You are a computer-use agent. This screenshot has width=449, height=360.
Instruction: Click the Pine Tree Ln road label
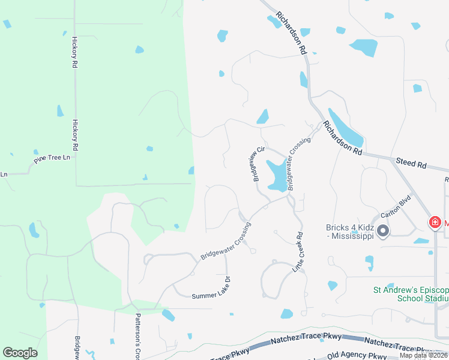(x=52, y=158)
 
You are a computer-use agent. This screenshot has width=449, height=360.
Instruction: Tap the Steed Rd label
(x=411, y=163)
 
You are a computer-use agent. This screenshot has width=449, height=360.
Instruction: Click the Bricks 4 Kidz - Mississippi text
(x=350, y=232)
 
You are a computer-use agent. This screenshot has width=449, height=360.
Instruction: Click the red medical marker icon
(x=435, y=223)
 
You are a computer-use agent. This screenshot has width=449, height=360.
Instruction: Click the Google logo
(x=20, y=353)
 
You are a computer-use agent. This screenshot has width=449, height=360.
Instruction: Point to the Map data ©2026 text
(x=423, y=355)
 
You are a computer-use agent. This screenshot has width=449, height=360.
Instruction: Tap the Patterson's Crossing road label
(x=137, y=336)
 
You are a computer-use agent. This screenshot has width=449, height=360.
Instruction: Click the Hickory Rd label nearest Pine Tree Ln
(x=76, y=134)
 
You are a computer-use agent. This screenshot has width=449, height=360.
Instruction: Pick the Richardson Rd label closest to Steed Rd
(x=342, y=138)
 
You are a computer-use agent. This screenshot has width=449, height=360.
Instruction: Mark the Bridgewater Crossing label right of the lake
(x=298, y=164)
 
